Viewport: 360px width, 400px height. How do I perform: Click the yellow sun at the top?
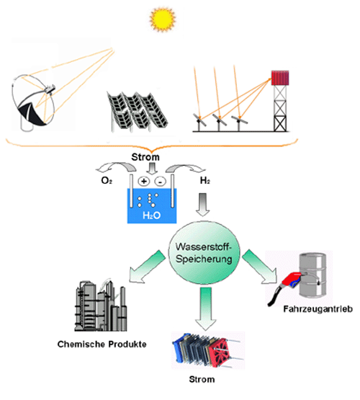pos(163,19)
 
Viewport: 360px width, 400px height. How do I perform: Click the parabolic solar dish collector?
pos(33,103)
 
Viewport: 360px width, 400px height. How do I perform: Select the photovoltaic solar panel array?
pos(137,112)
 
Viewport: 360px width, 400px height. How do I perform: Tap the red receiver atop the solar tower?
pos(280,78)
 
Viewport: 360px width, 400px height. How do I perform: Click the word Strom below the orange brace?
pos(145,157)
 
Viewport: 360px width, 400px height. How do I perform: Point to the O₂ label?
pos(107,181)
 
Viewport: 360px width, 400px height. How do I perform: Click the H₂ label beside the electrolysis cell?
pos(205,181)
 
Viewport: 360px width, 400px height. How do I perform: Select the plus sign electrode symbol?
pos(144,181)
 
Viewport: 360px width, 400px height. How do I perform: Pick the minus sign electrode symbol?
pos(160,182)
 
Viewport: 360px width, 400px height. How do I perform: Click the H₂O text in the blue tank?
pos(152,215)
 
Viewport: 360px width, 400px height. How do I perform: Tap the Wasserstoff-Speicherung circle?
pos(204,252)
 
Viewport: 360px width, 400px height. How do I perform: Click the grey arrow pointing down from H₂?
pos(203,205)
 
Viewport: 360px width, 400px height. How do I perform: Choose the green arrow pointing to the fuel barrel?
pos(259,267)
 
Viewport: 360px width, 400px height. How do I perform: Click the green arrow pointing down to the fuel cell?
pos(206,308)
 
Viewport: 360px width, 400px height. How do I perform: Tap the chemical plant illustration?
pos(101,305)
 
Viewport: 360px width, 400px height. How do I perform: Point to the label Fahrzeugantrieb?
pos(318,309)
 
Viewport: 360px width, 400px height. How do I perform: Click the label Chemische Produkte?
pos(102,345)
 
